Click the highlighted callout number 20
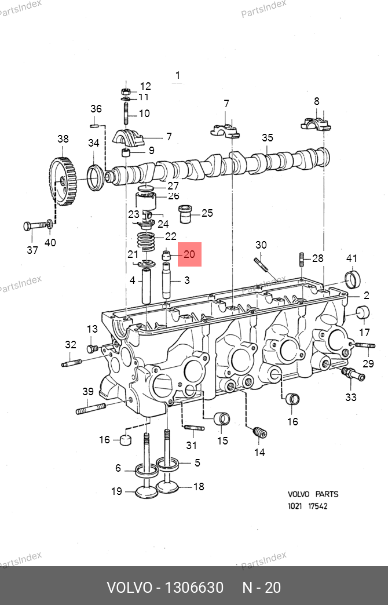tap(189, 254)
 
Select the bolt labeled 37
tap(34, 226)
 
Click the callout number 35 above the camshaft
tap(268, 138)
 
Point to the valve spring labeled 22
tap(146, 242)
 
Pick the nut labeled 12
tap(126, 92)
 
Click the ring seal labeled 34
tap(96, 177)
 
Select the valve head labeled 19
tap(146, 490)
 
